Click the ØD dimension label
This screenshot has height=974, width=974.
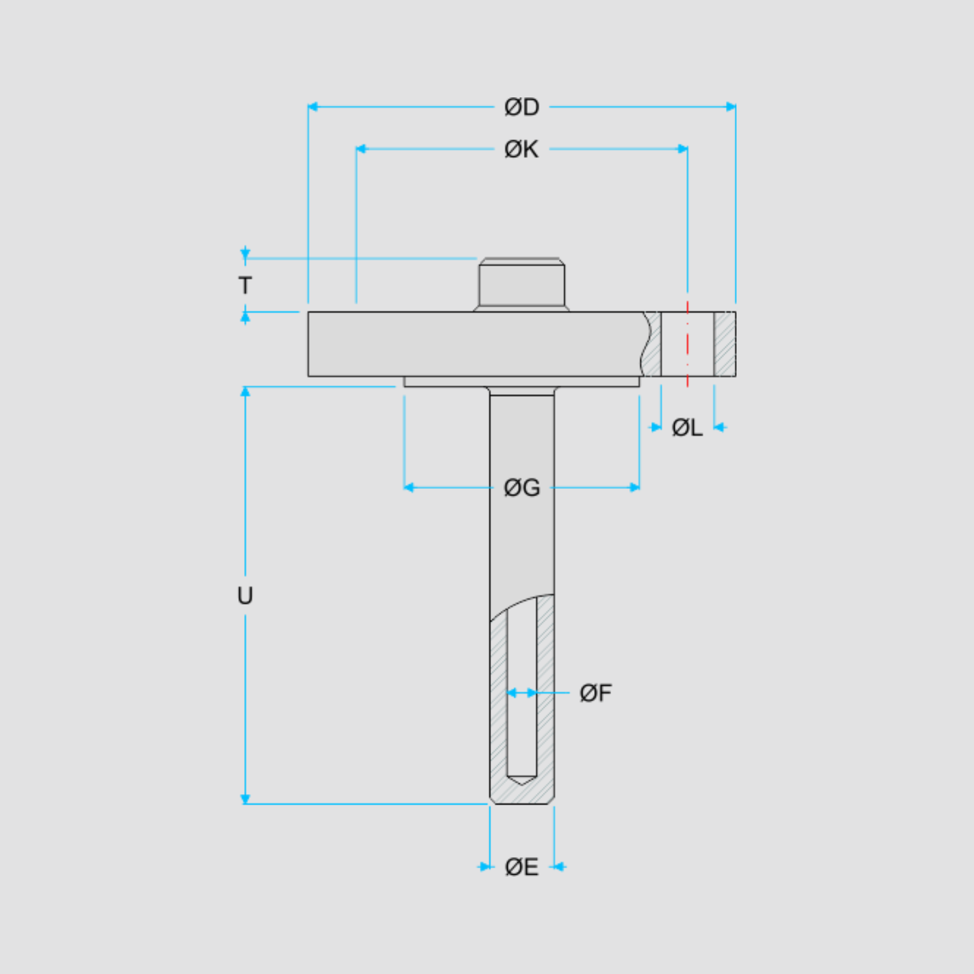[521, 107]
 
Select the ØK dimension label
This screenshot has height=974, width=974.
[521, 149]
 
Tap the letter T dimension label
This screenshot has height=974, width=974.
[245, 285]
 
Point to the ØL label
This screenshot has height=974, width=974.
[687, 427]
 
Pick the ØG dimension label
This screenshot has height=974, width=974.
[522, 488]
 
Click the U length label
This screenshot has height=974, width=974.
[245, 595]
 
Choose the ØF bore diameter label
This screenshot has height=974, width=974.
[595, 693]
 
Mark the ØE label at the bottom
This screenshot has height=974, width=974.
[521, 867]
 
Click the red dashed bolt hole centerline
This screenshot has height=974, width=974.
[688, 344]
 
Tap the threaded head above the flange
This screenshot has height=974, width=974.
[521, 284]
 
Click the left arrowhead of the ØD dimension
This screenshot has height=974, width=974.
[312, 106]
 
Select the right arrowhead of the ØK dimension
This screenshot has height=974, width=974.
[683, 149]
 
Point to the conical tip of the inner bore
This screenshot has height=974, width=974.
[521, 780]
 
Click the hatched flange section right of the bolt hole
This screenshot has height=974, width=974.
[725, 344]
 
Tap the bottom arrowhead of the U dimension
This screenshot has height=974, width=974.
[245, 799]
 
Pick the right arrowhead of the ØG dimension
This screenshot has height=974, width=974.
[634, 487]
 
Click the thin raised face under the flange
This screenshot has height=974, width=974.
[521, 382]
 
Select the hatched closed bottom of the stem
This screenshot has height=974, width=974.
[522, 792]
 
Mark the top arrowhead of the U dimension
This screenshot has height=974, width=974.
[245, 392]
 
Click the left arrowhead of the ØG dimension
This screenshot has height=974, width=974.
[409, 487]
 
